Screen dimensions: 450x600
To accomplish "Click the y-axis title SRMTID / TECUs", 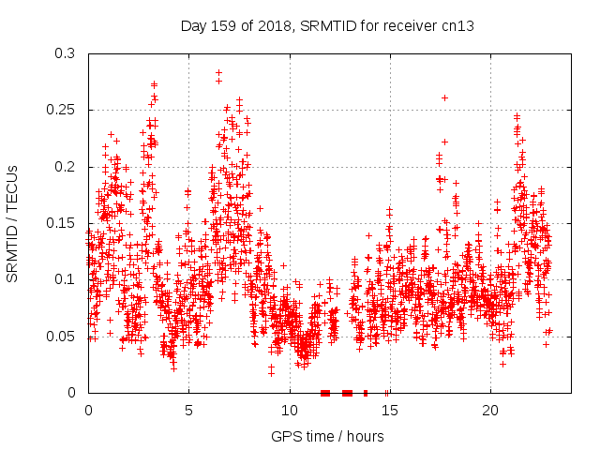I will [x=12, y=222].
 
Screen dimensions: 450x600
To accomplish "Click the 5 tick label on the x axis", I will [x=188, y=411].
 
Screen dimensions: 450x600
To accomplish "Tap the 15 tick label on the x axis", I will [x=390, y=411].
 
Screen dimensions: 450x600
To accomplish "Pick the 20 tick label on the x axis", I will [x=490, y=411].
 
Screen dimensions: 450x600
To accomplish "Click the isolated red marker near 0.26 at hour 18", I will [x=444, y=97].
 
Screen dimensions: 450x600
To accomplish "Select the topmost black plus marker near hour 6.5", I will [x=218, y=72].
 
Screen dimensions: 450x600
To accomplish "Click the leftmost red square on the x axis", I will [x=324, y=393].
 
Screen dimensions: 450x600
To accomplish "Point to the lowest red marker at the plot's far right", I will [x=546, y=344].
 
